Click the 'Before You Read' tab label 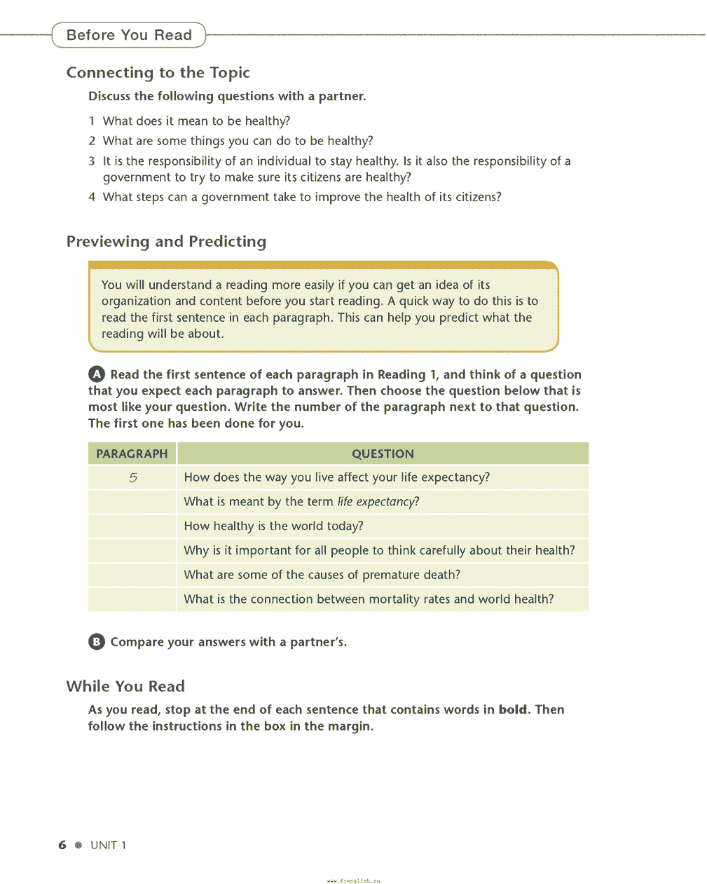(129, 35)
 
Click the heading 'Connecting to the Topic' (158, 72)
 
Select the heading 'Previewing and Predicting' (166, 241)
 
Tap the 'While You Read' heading (125, 686)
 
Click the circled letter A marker (97, 374)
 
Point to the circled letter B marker (97, 641)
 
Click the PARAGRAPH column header (132, 454)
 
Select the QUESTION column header (383, 454)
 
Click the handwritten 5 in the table (133, 478)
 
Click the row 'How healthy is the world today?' (273, 526)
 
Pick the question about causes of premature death (322, 575)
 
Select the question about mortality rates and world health (369, 599)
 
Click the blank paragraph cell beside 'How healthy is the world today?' (132, 526)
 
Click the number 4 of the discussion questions (92, 197)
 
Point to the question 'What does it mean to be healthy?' (196, 121)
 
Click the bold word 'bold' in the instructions (512, 709)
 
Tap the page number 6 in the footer (62, 845)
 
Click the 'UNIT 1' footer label (108, 845)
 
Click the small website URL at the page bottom (353, 880)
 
